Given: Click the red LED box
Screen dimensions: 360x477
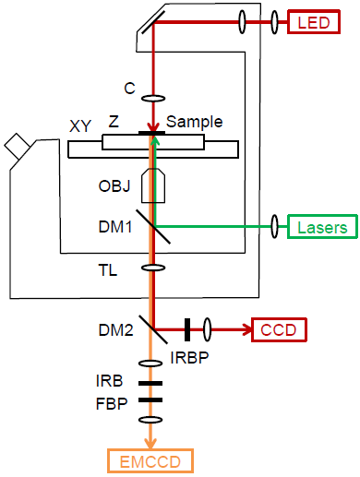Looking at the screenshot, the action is (x=314, y=22).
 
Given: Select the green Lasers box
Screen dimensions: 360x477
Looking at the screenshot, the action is (x=322, y=227).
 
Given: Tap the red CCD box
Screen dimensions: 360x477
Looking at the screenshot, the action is (x=279, y=329).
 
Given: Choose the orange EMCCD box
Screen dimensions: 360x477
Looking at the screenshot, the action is (x=150, y=461).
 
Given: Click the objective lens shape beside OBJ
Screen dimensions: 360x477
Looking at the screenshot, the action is (x=153, y=185).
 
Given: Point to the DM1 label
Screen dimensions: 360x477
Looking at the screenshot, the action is (x=115, y=227).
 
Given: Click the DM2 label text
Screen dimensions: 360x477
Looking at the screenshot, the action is (x=115, y=330).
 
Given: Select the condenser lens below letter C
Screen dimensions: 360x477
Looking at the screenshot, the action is (x=153, y=99).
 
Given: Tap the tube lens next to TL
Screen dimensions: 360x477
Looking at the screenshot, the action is (x=153, y=268).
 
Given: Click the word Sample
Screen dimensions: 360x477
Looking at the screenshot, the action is (x=194, y=123).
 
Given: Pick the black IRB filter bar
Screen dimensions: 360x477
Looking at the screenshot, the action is (x=150, y=383).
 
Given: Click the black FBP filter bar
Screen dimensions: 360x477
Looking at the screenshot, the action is (x=150, y=399).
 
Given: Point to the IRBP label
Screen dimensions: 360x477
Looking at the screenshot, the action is (x=189, y=357).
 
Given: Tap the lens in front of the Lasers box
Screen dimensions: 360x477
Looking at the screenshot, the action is (x=274, y=227).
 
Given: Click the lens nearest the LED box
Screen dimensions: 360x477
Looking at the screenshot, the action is (x=274, y=22).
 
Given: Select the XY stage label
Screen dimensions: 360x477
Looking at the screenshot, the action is (x=80, y=125).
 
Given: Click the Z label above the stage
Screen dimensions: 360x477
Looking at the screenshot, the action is (x=114, y=122).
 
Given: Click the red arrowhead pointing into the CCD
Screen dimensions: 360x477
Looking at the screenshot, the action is (x=247, y=329).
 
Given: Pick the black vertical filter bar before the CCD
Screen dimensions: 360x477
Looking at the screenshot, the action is (x=187, y=329).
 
